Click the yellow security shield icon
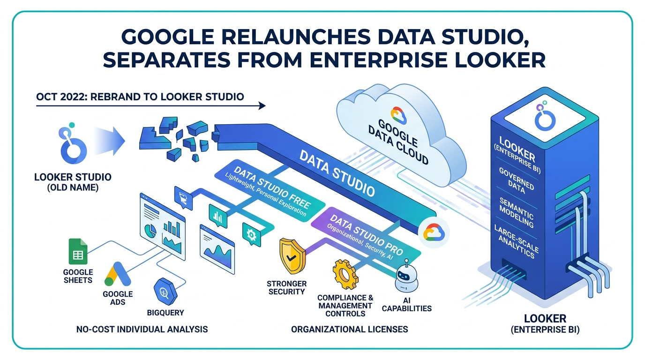click(291, 254)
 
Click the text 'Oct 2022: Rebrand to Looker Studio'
click(140, 97)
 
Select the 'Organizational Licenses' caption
click(349, 329)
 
